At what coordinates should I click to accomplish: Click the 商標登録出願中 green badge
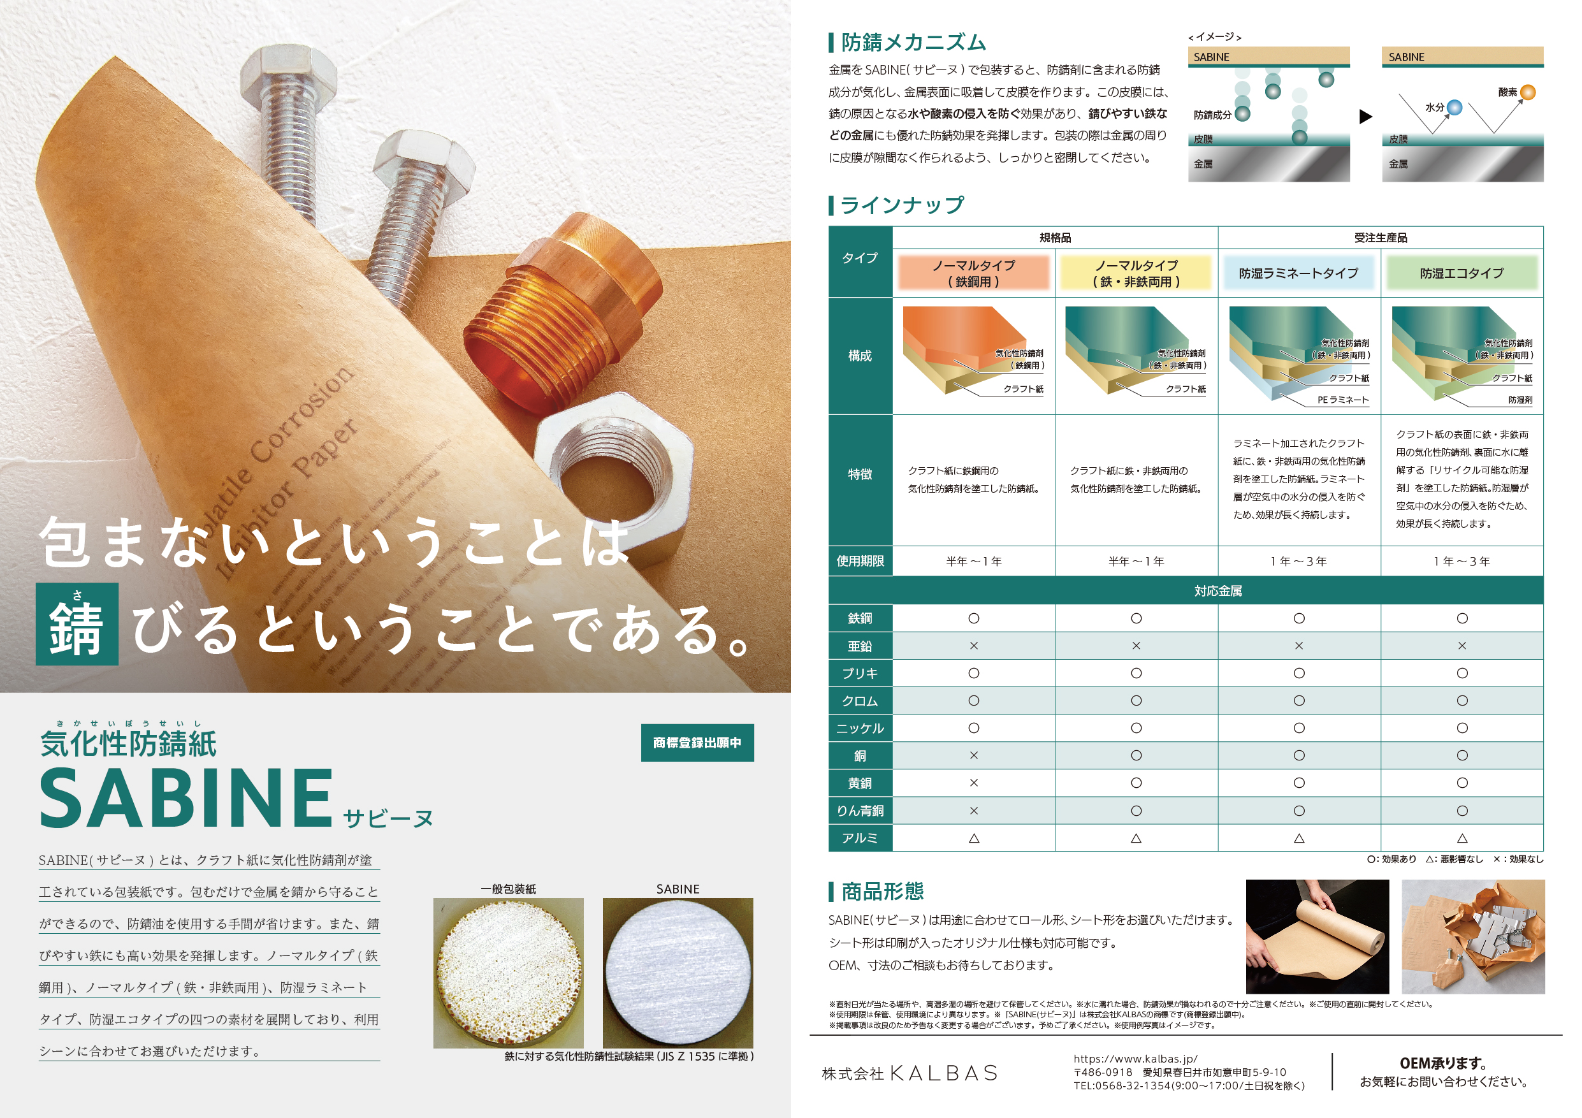coord(697,743)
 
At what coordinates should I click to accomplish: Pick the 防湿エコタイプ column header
coord(1462,273)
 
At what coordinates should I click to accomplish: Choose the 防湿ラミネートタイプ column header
coord(1299,273)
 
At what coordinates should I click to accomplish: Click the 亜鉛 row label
coord(860,646)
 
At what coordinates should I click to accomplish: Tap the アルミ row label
coord(860,838)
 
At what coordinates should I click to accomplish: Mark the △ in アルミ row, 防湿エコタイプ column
coord(1462,838)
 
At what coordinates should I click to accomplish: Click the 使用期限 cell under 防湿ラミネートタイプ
coord(1299,562)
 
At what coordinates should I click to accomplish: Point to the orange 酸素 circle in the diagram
coord(1528,92)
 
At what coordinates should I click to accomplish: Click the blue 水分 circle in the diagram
coord(1455,108)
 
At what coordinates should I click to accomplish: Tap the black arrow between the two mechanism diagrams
coord(1366,117)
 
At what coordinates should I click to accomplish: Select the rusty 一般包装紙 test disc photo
coord(509,973)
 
